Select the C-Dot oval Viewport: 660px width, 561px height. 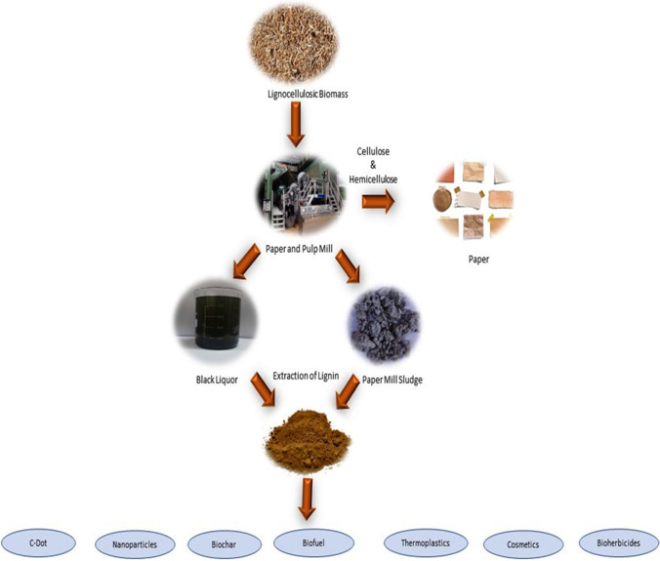click(40, 540)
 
